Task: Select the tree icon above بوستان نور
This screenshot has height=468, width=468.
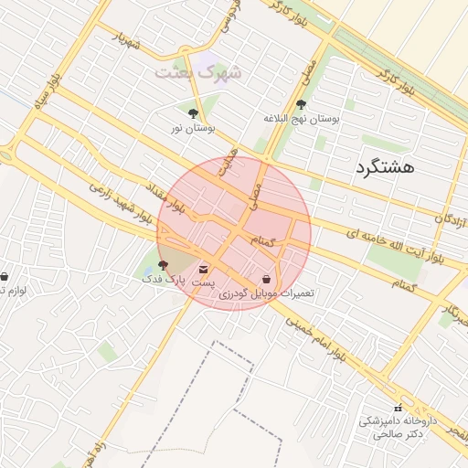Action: click(x=192, y=114)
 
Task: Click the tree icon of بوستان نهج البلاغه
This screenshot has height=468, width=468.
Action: click(x=302, y=104)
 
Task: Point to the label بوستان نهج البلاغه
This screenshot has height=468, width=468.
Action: click(x=301, y=119)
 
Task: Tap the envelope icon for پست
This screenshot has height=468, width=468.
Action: click(x=202, y=270)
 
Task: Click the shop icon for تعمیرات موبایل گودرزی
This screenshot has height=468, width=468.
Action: click(x=266, y=279)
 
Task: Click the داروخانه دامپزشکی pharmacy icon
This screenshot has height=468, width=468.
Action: click(x=397, y=408)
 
